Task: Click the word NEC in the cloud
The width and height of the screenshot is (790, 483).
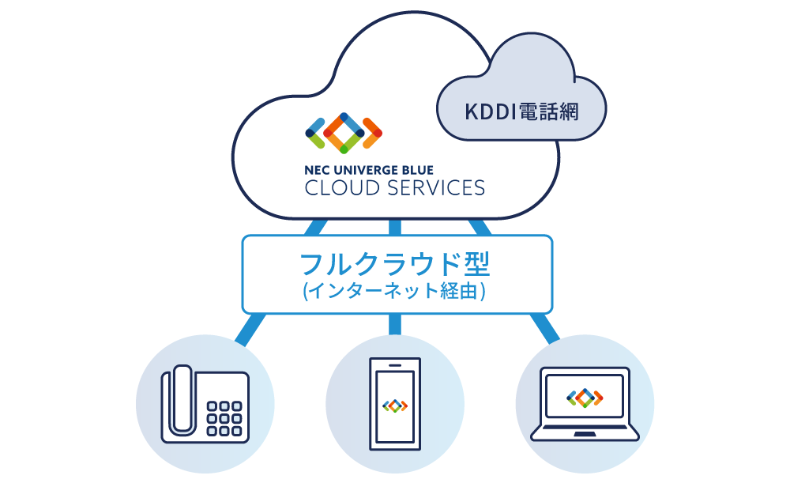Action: click(316, 169)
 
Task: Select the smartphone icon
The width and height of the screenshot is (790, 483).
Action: click(394, 405)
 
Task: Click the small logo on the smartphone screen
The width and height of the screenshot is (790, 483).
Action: click(394, 406)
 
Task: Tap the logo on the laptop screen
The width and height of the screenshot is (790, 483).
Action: click(585, 398)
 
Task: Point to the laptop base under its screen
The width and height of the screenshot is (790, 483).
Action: click(585, 433)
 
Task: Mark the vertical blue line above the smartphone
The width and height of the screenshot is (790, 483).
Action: click(395, 324)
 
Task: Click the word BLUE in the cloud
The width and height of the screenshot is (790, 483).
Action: click(415, 169)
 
